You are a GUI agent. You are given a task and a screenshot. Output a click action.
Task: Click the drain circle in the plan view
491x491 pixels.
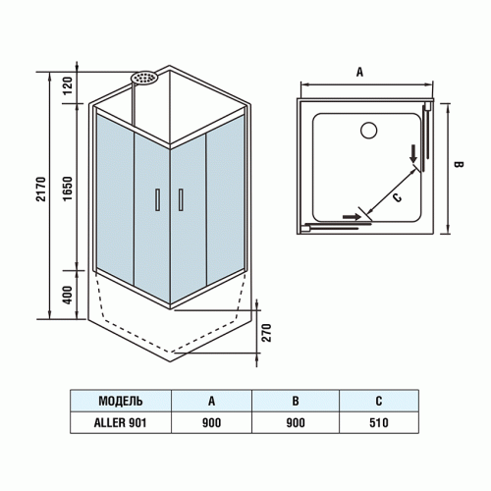[x=370, y=130]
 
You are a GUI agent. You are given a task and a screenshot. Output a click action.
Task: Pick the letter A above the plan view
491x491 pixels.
[x=360, y=72]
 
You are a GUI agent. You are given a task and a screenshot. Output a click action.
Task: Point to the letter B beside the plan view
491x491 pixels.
[x=457, y=166]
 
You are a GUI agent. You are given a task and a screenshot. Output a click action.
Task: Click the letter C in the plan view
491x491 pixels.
[x=397, y=195]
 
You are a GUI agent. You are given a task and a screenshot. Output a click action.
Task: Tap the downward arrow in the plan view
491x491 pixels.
[x=413, y=153]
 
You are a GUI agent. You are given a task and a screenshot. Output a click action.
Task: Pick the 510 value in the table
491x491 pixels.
[x=380, y=422]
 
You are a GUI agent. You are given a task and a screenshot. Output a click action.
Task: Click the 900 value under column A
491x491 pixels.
[x=211, y=422]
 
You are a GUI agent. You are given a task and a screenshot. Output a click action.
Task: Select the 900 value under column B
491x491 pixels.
[x=296, y=422]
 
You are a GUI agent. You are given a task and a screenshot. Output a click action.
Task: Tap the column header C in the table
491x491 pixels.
[x=380, y=401]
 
